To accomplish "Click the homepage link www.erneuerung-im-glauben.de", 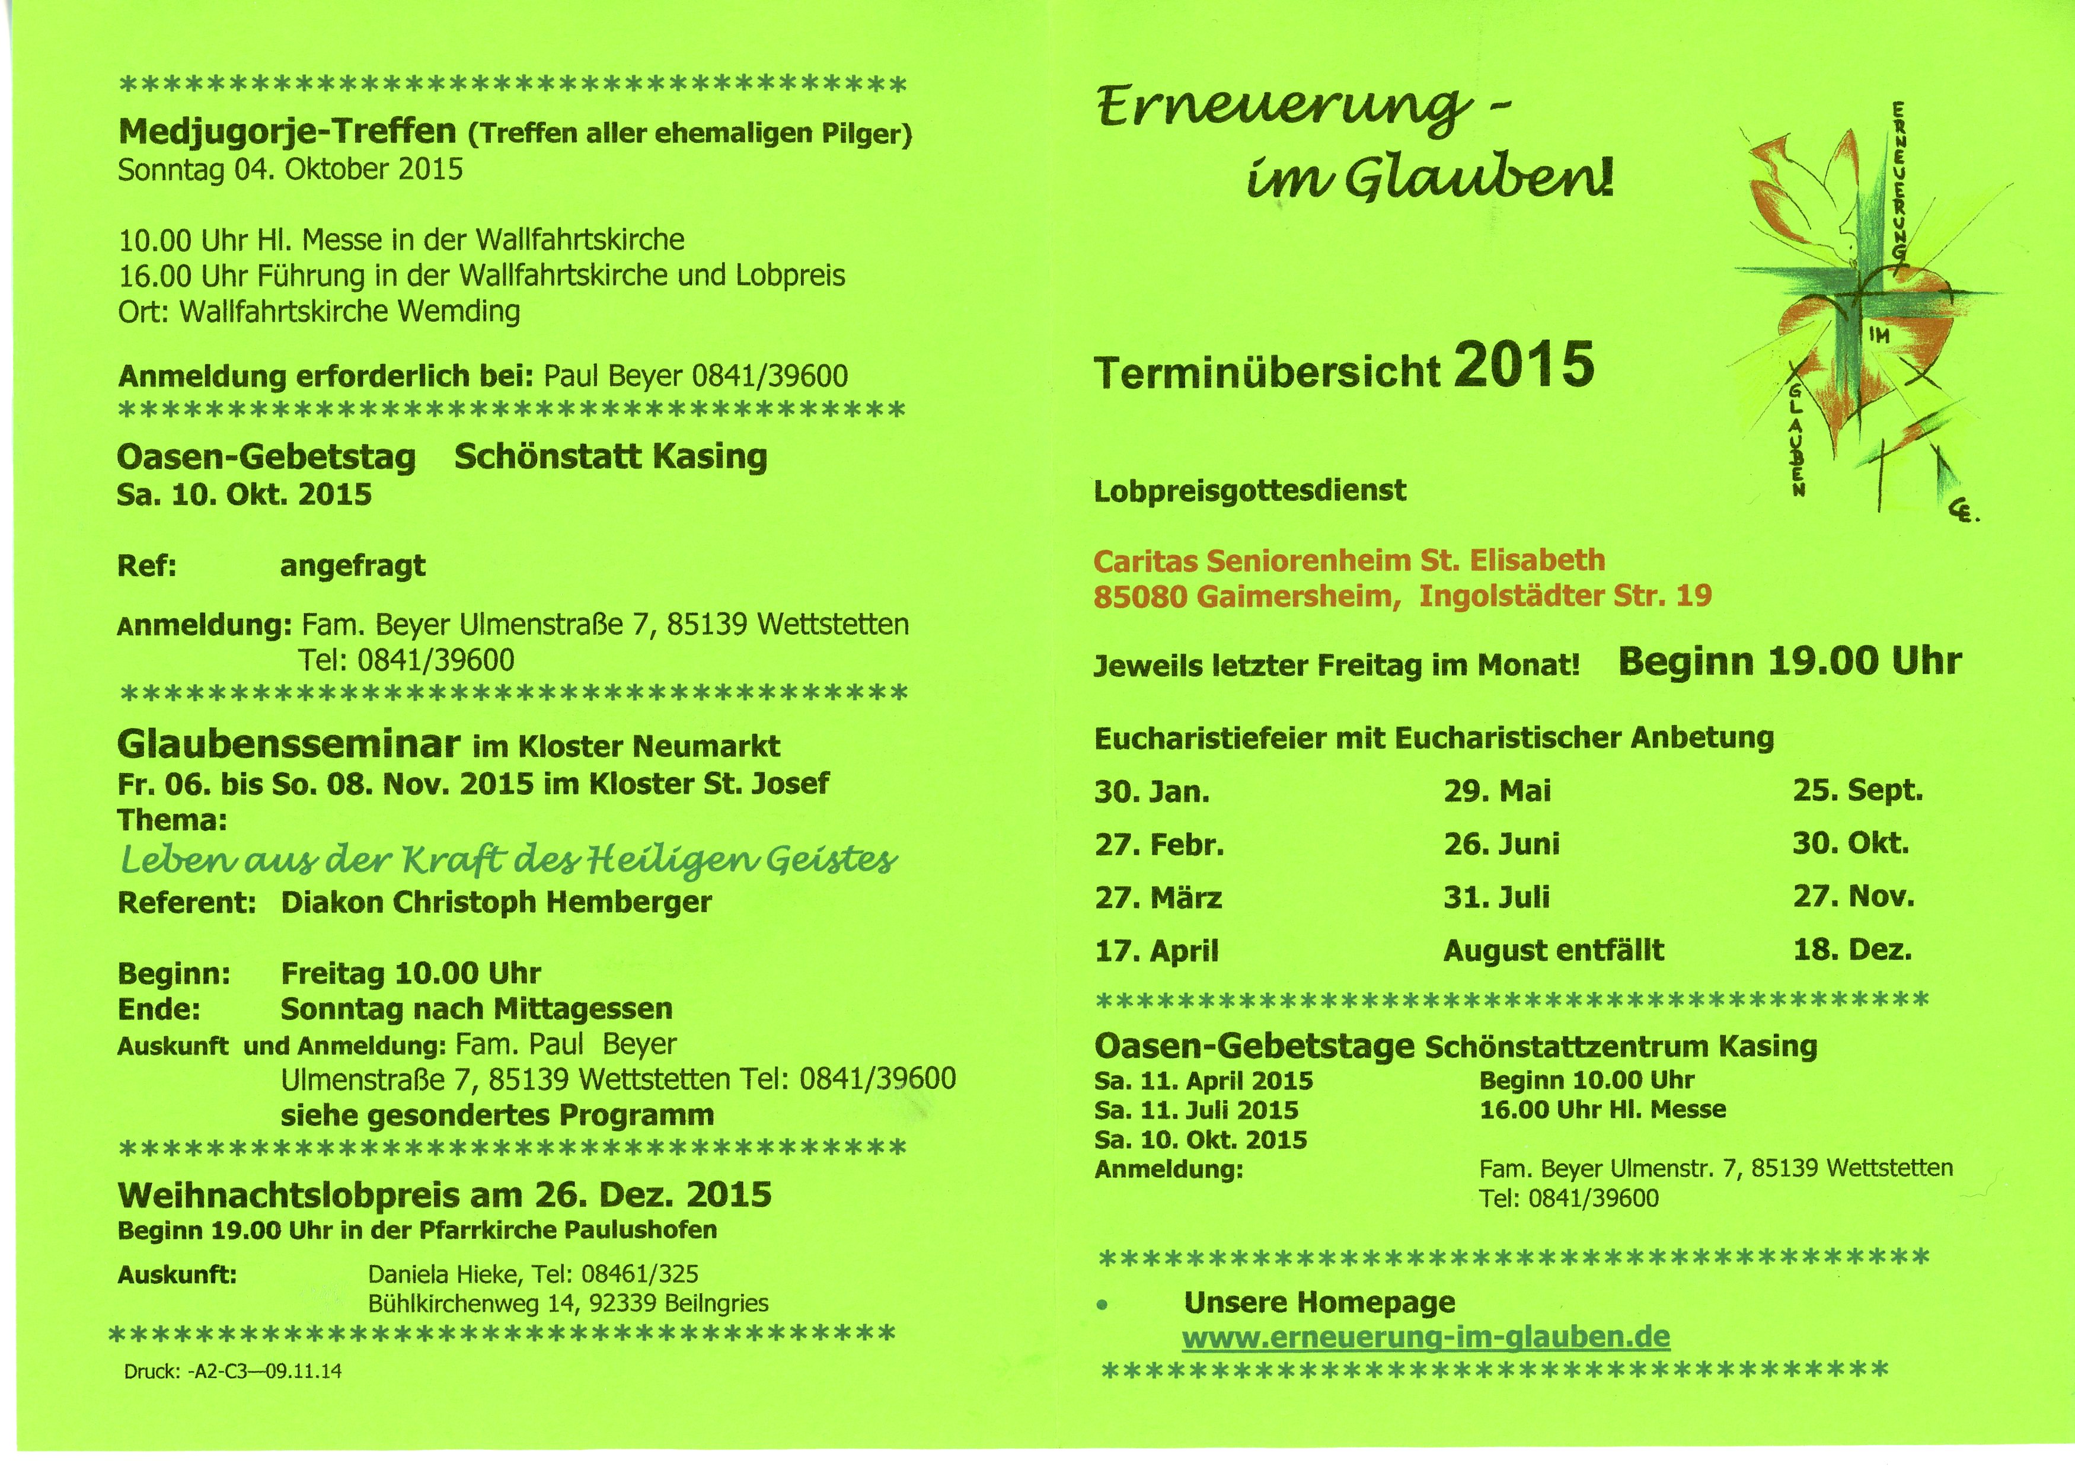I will pos(1425,1337).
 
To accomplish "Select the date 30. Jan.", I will pos(1151,792).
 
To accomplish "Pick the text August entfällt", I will pos(1553,950).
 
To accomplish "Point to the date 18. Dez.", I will pos(1851,950).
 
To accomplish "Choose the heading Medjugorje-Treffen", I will pos(286,132).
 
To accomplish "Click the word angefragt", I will pos(352,565).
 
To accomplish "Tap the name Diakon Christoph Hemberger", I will pos(496,903).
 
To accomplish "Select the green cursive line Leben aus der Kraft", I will pos(508,860).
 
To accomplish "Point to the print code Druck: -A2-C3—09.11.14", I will pos(232,1372).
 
